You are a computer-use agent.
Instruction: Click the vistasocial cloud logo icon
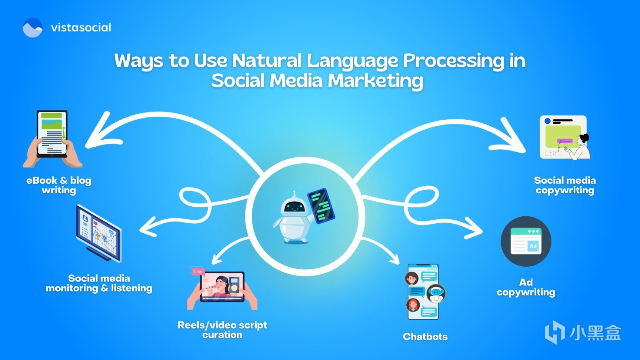(33, 27)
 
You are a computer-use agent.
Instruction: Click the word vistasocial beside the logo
(81, 27)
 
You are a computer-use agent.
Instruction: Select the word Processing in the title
(454, 61)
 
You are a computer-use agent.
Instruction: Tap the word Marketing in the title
(376, 81)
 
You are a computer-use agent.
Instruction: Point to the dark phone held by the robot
(321, 206)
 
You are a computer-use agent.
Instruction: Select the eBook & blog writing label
(59, 185)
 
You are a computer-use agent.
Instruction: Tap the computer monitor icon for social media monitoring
(99, 234)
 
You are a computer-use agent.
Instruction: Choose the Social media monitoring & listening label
(99, 283)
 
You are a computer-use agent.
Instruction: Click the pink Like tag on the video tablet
(198, 271)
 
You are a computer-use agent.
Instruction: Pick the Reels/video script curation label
(222, 330)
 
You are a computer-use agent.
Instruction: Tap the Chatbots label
(425, 337)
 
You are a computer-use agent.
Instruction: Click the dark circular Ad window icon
(526, 241)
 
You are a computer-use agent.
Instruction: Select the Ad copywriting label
(526, 287)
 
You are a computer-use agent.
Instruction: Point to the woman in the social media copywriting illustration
(580, 147)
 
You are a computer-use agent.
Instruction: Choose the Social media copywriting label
(565, 185)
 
